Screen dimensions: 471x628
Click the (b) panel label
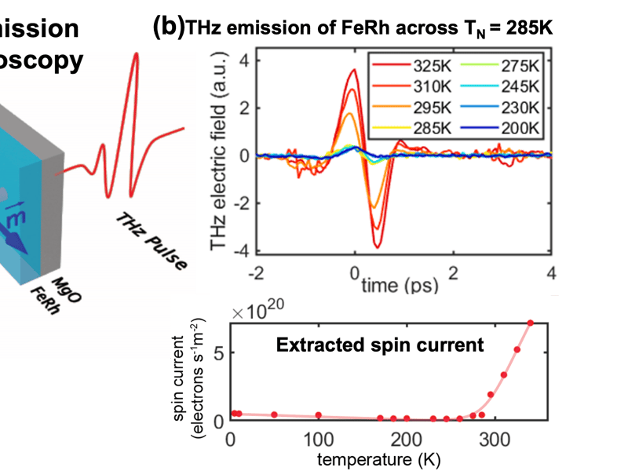(167, 26)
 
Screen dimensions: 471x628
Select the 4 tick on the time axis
(552, 272)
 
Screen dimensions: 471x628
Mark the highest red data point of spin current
(531, 323)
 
